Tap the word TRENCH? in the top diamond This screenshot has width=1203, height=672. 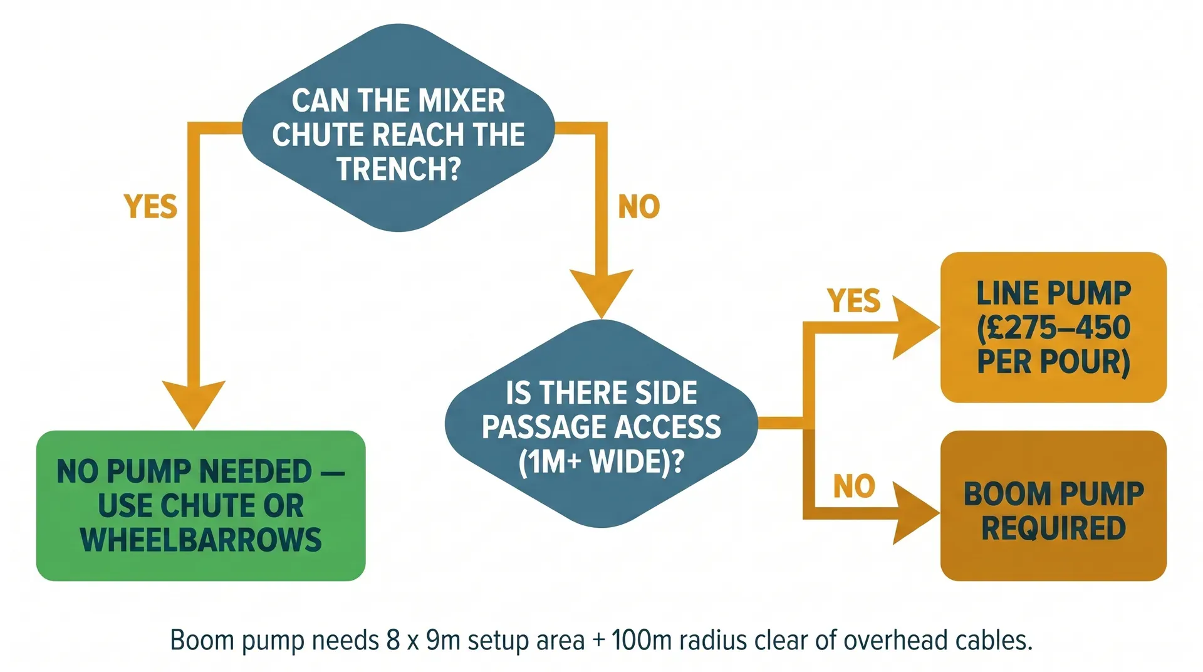coord(398,169)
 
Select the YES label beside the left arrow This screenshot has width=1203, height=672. coord(150,207)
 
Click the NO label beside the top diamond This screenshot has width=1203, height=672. coord(638,207)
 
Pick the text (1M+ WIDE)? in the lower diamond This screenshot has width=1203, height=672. coord(601,462)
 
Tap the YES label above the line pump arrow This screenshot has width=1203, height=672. coord(853,301)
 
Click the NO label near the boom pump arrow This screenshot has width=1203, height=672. coord(853,486)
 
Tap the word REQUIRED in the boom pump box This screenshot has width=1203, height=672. coord(1053,528)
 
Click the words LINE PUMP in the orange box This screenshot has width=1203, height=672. coord(1053,293)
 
